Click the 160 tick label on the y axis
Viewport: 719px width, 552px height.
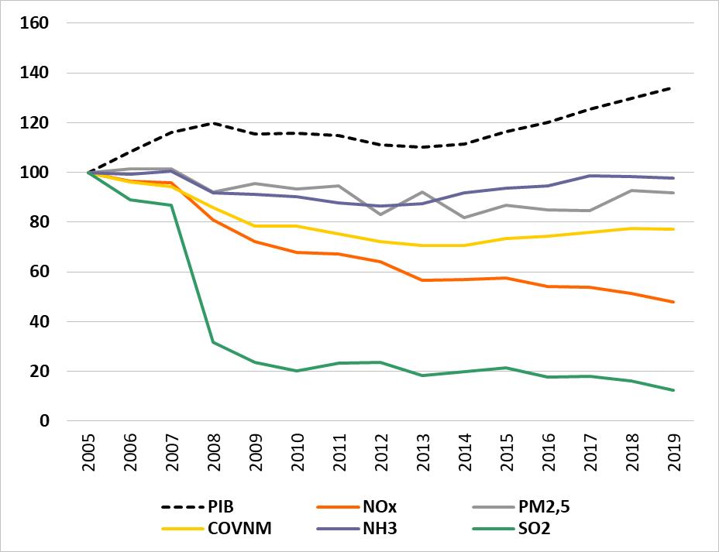[x=34, y=23]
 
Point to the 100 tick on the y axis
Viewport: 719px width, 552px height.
[x=34, y=173]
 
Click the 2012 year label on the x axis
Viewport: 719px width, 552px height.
[x=380, y=450]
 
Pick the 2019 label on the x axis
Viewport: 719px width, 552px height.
[x=673, y=450]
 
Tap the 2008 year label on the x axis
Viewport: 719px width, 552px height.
[x=213, y=450]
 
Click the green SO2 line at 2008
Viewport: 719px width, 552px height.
[x=213, y=342]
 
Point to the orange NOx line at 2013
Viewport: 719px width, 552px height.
[x=422, y=280]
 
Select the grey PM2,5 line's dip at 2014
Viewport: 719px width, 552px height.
[x=464, y=218]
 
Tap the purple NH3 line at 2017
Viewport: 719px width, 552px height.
[x=590, y=176]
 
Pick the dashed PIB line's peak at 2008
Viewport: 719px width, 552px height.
[x=213, y=123]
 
